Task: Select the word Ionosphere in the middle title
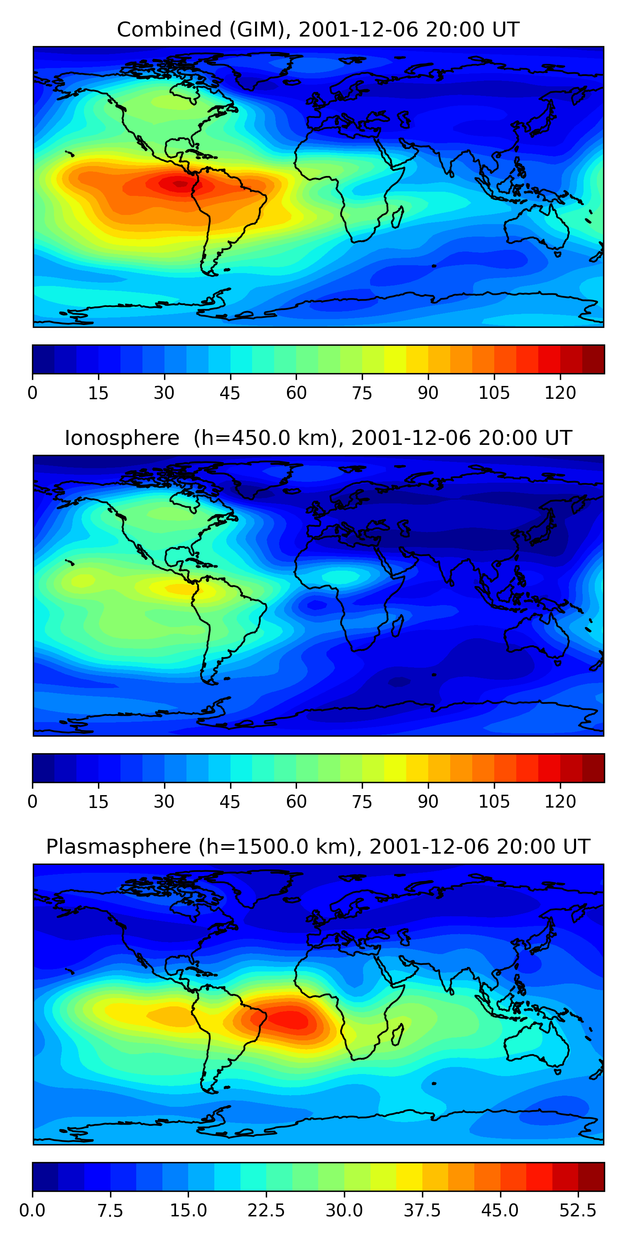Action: [122, 438]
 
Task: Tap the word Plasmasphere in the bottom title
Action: [118, 847]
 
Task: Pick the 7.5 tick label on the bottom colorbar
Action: [110, 1211]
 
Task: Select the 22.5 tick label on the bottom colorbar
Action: [266, 1211]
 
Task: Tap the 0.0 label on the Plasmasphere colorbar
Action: [32, 1211]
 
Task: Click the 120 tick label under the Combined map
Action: [560, 393]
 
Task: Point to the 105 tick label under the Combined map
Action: [494, 393]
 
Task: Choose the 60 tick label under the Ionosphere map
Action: [296, 802]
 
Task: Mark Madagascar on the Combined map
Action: [397, 217]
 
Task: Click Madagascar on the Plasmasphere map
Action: [397, 1034]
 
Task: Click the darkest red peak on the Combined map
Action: [179, 184]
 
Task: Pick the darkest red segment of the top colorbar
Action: [593, 359]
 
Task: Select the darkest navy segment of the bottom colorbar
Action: [45, 1177]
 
